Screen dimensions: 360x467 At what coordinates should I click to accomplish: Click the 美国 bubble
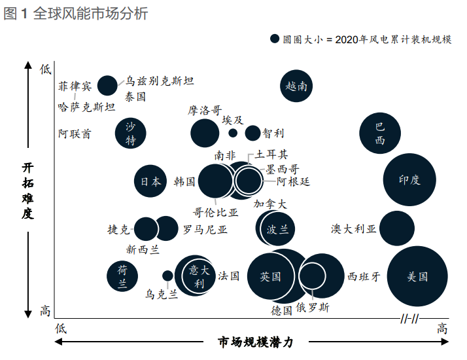coord(417,276)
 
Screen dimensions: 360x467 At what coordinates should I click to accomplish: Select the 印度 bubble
coord(409,180)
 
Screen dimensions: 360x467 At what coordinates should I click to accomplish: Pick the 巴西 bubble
coord(379,134)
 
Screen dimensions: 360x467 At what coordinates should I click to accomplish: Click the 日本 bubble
coord(150,182)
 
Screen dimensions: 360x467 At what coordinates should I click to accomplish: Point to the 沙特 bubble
coord(131,134)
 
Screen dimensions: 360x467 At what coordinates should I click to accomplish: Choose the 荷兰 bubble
coord(122,276)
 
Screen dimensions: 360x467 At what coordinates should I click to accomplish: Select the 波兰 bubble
coord(275,228)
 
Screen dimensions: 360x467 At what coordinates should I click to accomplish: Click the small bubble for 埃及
coord(233,133)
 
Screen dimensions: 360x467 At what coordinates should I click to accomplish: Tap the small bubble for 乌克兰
coord(167,276)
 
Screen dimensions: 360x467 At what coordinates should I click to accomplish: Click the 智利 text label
coord(273,134)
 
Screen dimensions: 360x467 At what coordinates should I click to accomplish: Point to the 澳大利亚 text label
coord(354,228)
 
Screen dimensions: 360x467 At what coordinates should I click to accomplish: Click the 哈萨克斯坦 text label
coord(86,107)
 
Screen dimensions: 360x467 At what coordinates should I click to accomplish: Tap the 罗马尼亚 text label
coord(205,229)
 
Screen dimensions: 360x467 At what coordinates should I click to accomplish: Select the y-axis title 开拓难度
coord(27,190)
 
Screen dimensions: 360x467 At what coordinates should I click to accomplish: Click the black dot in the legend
coord(275,39)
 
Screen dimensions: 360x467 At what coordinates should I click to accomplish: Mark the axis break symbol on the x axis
coord(409,319)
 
